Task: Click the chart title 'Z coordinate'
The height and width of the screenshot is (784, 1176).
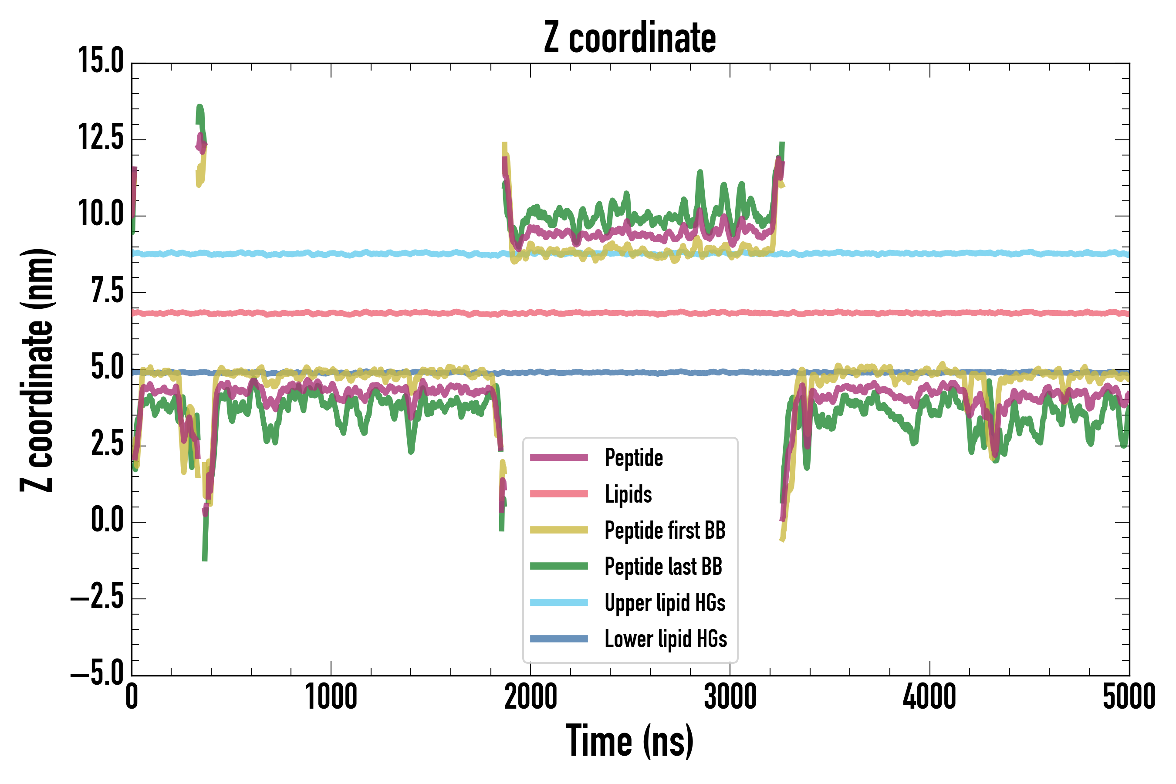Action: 630,38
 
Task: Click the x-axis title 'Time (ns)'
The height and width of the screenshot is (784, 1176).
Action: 630,741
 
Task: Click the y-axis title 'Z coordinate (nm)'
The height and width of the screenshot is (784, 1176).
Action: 37,370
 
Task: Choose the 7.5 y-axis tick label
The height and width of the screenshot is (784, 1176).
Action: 107,291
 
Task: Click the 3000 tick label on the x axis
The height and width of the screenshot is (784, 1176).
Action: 730,697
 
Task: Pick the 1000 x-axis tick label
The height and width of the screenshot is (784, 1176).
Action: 331,697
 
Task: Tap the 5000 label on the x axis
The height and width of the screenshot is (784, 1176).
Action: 1129,697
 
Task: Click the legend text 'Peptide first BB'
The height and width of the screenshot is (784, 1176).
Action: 665,530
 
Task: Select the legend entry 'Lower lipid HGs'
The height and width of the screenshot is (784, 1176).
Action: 666,639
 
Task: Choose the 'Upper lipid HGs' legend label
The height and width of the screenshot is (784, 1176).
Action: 665,602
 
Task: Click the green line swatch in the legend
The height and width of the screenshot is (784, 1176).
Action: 559,566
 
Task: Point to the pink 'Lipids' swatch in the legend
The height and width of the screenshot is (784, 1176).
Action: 559,494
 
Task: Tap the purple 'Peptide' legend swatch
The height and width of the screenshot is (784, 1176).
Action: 559,457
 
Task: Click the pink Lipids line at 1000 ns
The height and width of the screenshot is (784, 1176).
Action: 331,314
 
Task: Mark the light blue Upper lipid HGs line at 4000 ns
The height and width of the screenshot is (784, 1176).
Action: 930,253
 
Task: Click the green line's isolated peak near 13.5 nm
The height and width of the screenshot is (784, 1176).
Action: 200,108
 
